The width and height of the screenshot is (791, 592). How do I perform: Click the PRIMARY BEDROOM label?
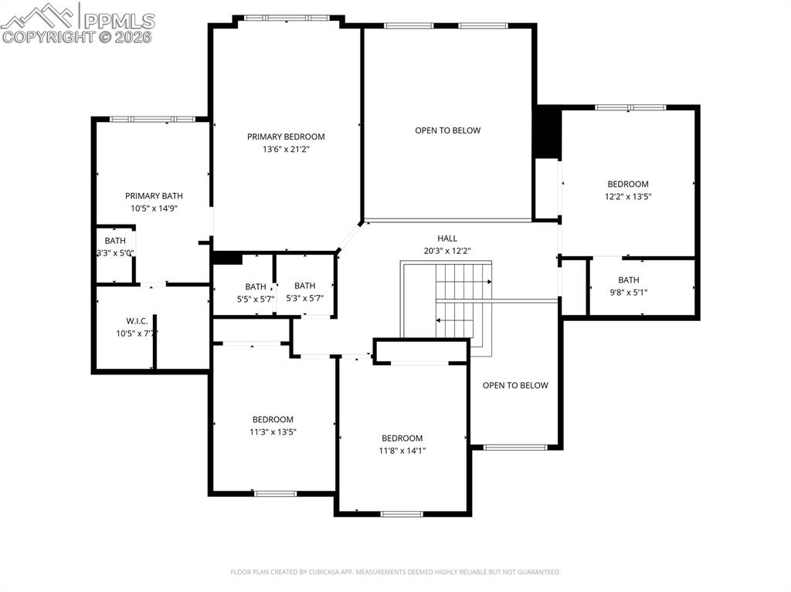[286, 137]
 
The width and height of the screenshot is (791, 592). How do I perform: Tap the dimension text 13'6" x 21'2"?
[286, 149]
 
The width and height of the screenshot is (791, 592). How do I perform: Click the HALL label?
[447, 238]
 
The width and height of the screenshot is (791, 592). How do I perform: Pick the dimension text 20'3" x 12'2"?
[447, 251]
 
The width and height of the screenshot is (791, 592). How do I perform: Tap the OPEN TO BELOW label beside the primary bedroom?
[447, 130]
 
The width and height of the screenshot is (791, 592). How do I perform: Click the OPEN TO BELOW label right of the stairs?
[515, 385]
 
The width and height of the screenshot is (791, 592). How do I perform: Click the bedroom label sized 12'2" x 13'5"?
[627, 184]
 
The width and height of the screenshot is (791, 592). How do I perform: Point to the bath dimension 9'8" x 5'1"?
[628, 293]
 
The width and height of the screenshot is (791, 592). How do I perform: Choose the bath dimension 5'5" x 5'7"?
[256, 299]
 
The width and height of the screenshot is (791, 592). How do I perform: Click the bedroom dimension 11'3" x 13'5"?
[273, 432]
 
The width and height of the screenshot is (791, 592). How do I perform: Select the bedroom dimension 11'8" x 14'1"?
[402, 451]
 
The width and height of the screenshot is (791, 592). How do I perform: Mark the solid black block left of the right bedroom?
[547, 133]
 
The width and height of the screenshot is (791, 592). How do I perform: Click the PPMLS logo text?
[118, 21]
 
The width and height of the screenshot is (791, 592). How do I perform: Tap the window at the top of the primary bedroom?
[287, 18]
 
